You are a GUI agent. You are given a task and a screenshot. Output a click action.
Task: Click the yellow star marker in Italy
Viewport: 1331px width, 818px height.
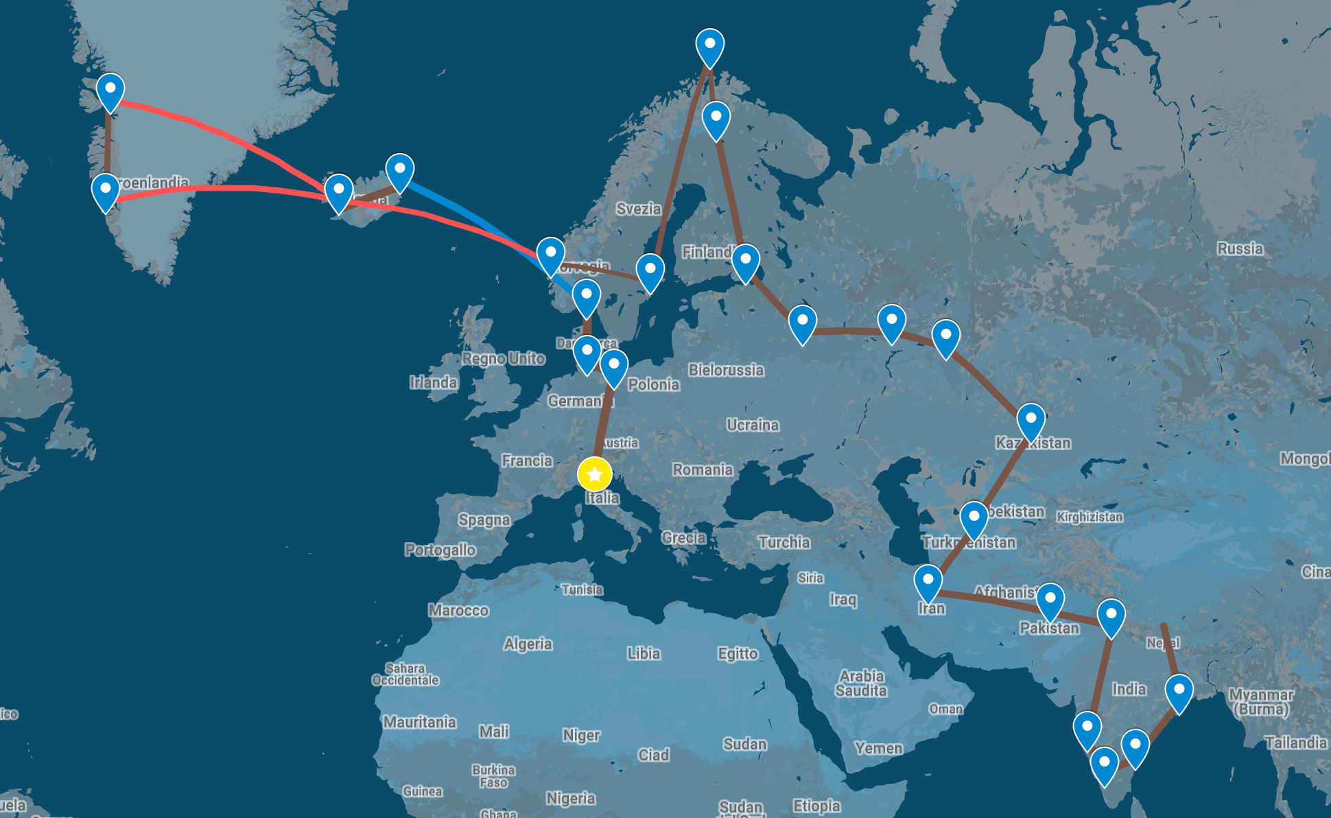[595, 474]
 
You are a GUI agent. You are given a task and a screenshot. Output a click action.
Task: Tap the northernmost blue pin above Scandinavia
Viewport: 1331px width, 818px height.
[709, 45]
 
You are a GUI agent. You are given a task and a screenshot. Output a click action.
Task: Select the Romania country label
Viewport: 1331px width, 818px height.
[703, 469]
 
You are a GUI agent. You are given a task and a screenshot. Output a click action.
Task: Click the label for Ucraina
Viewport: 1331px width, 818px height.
[753, 425]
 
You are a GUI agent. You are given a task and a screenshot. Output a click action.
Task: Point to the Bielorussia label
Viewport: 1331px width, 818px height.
[726, 370]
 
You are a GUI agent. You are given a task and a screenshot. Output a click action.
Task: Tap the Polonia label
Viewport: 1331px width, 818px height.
[653, 384]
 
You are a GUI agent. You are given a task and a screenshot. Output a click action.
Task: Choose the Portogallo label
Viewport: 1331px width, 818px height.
[440, 550]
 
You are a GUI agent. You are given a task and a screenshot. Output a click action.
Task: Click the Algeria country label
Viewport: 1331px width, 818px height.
[528, 644]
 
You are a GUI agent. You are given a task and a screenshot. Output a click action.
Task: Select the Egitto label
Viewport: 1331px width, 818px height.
[738, 653]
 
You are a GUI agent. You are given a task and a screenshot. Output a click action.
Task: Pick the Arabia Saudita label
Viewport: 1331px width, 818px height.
[861, 683]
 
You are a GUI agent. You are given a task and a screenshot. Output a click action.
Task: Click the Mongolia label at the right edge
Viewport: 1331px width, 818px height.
[1305, 458]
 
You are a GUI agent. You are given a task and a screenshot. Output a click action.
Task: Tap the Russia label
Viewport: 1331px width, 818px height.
[1240, 248]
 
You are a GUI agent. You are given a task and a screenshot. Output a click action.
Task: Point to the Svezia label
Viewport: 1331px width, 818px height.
[638, 209]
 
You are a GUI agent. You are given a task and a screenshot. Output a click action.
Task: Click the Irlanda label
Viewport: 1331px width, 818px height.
[433, 382]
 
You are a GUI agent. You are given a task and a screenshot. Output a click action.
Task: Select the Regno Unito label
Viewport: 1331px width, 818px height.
[504, 358]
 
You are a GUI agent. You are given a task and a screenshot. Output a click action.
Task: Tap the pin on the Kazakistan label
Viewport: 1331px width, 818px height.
[1030, 419]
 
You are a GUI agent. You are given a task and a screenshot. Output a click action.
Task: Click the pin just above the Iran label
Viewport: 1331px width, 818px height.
[928, 581]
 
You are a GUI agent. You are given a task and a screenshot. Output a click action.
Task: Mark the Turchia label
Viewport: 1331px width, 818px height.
[784, 542]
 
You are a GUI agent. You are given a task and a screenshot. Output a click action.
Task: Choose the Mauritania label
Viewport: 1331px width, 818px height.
[419, 722]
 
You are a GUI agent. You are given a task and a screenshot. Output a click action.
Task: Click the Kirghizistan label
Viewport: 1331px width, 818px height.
[1089, 517]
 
